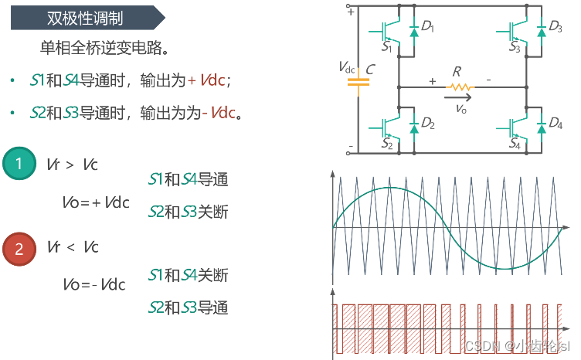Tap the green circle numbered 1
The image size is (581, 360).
tap(19, 163)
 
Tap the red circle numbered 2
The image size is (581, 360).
tap(19, 247)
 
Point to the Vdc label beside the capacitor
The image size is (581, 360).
tap(348, 67)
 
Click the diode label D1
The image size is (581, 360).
tap(428, 27)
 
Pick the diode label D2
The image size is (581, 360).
tap(428, 124)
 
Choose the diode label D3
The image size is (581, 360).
tap(555, 27)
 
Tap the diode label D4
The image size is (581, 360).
tap(555, 124)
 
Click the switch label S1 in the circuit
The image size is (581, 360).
tap(387, 49)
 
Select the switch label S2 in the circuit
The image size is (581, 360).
tap(387, 144)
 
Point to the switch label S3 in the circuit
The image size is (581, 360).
tap(515, 49)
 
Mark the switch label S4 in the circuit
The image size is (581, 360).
tap(515, 144)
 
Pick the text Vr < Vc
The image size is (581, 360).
tap(73, 247)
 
